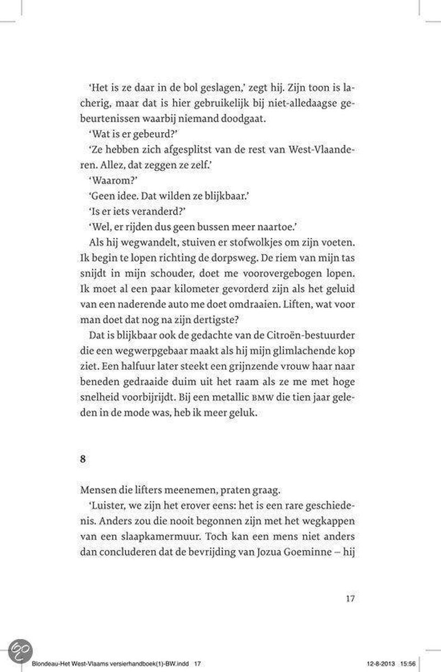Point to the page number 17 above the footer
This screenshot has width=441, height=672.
(350, 598)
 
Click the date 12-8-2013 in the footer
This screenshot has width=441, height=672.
(386, 664)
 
